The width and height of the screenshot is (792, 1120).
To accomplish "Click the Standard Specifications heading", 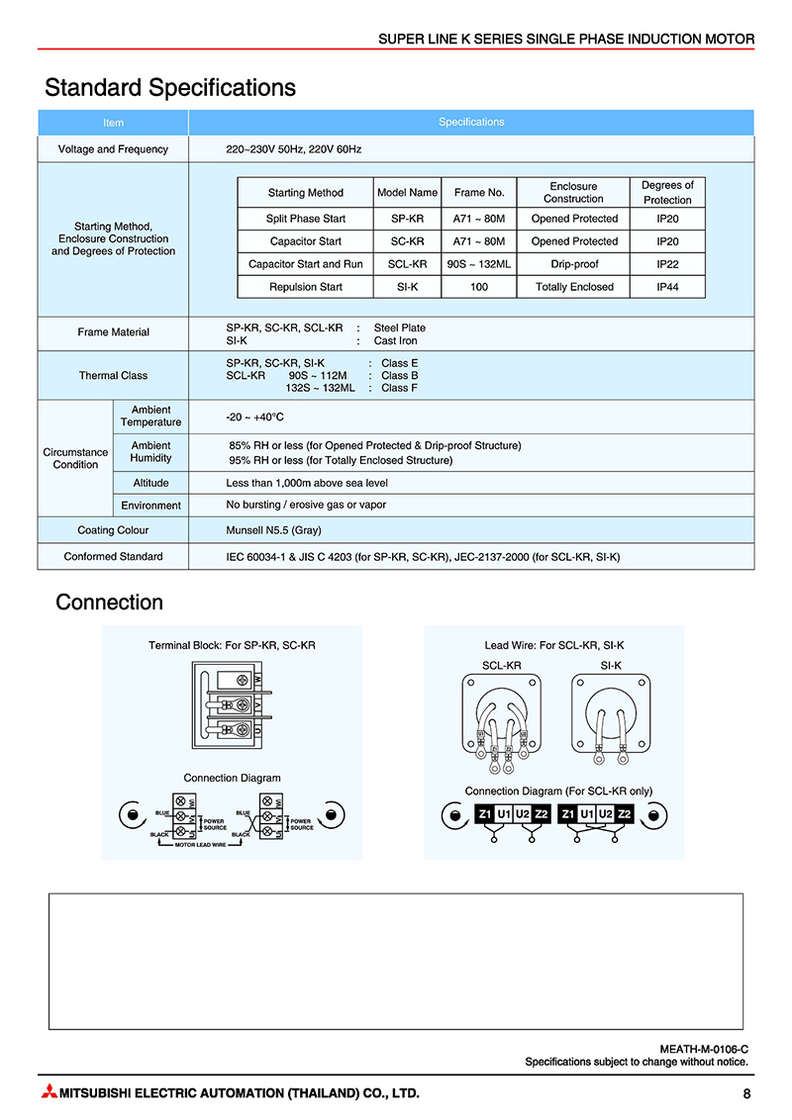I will click(x=170, y=88).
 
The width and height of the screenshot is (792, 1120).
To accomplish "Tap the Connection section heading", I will click(x=109, y=603).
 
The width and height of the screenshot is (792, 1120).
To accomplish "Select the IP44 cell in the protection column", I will click(x=667, y=287).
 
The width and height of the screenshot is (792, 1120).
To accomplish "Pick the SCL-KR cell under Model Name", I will click(x=407, y=264).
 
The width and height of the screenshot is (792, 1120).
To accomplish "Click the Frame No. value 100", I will click(x=479, y=287).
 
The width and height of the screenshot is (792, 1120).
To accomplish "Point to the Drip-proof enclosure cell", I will click(x=574, y=264).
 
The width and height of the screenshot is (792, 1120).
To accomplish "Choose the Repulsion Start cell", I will click(x=305, y=287).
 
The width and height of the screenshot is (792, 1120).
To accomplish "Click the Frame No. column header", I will click(x=479, y=192).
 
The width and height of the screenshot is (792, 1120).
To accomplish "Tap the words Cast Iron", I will click(x=395, y=340).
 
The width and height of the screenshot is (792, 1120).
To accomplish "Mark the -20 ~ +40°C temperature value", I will click(x=255, y=417).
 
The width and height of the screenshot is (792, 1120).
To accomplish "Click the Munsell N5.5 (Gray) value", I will click(x=273, y=530).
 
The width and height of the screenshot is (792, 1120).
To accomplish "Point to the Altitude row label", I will click(x=150, y=483).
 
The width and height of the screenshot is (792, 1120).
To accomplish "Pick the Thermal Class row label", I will click(x=113, y=376).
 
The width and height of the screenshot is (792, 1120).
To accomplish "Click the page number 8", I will click(x=746, y=1093).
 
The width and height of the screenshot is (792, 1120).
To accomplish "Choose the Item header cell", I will click(x=113, y=123).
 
